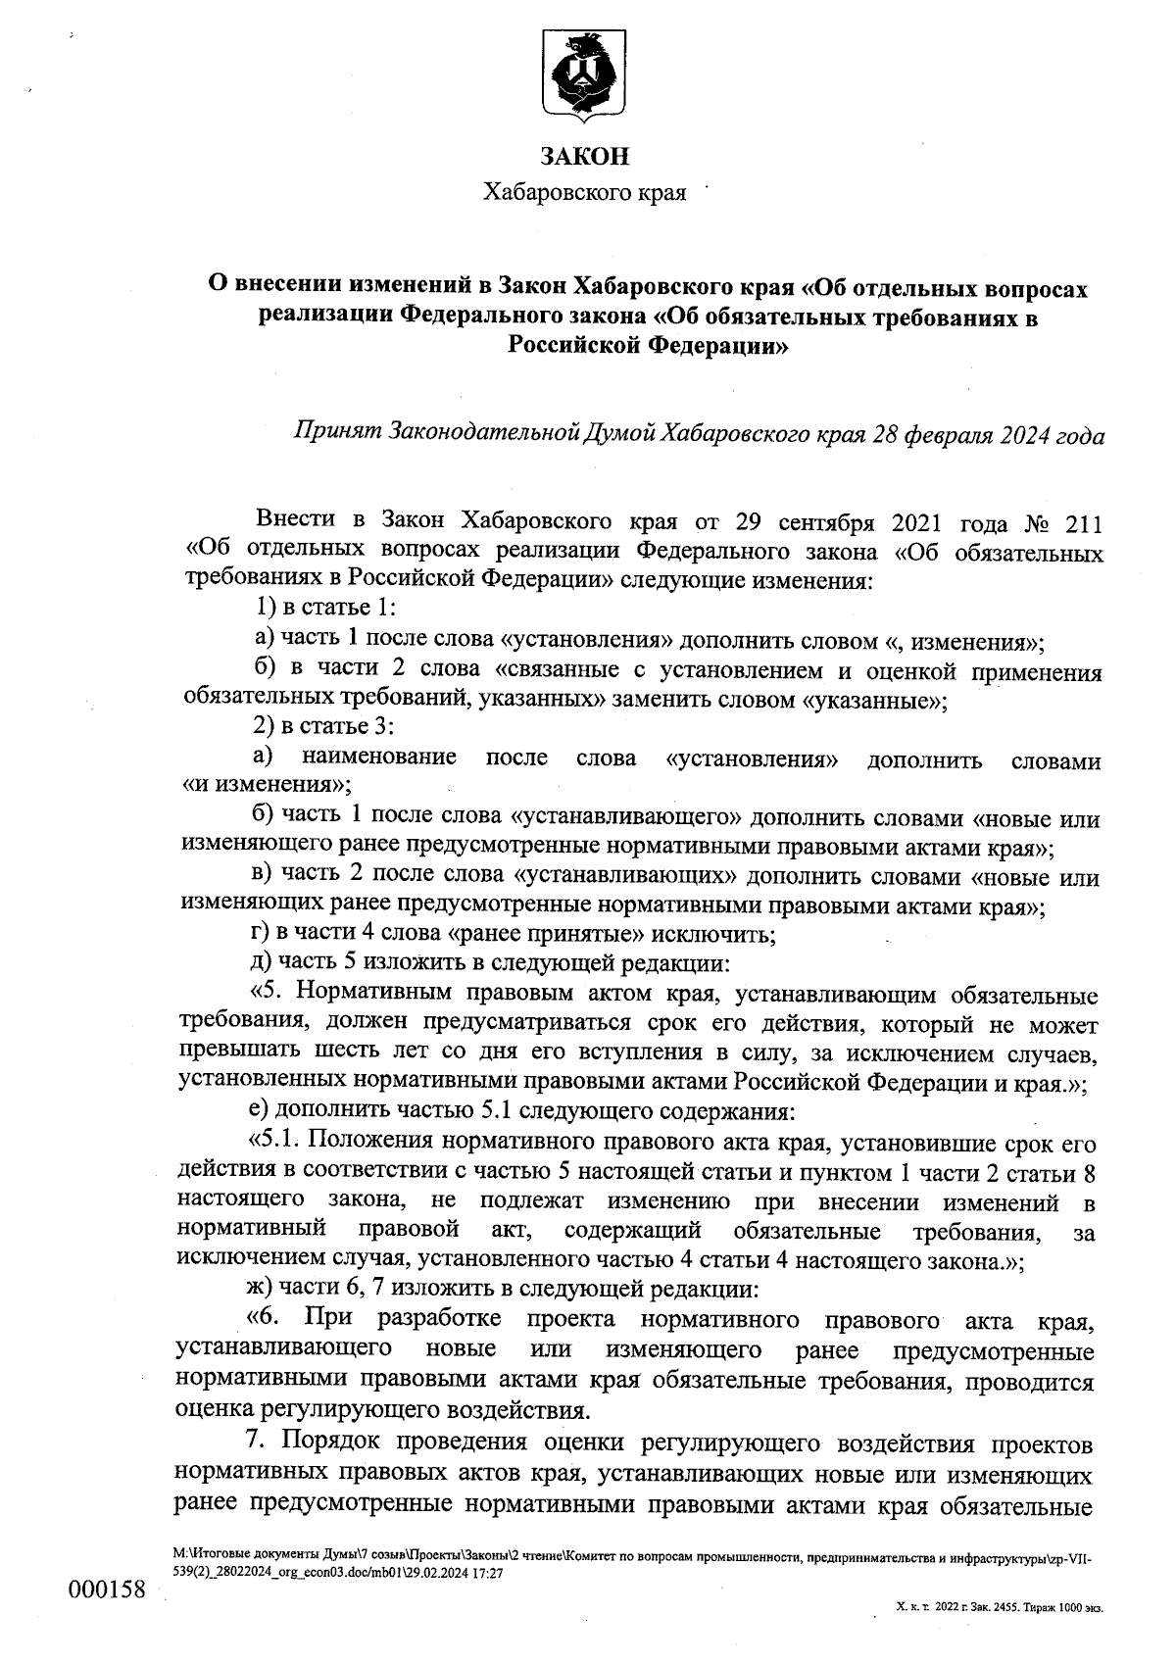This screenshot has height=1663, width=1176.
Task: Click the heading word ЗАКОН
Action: tap(585, 157)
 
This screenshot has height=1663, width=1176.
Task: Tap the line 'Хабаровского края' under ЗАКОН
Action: tap(585, 193)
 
